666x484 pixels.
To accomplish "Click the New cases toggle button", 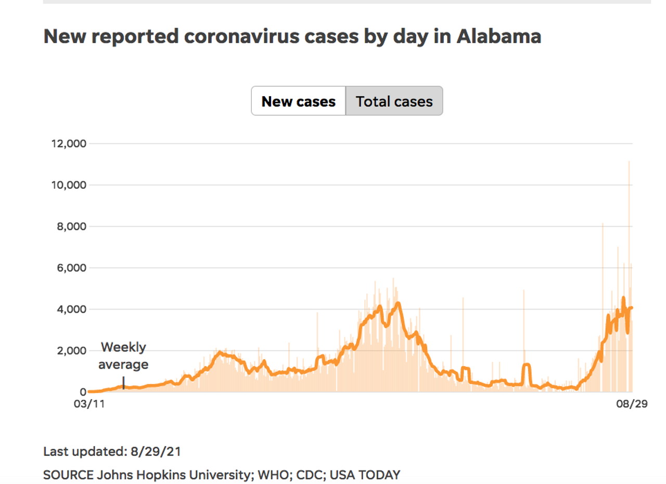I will (x=298, y=101).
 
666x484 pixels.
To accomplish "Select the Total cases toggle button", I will (x=394, y=101).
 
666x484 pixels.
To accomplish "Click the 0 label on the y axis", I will (x=82, y=392).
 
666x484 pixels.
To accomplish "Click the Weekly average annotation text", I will (x=123, y=356).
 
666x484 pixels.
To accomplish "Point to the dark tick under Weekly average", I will (x=123, y=383).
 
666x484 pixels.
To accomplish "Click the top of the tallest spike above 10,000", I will (x=629, y=162).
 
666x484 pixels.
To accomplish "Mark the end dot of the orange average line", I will (x=632, y=308).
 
